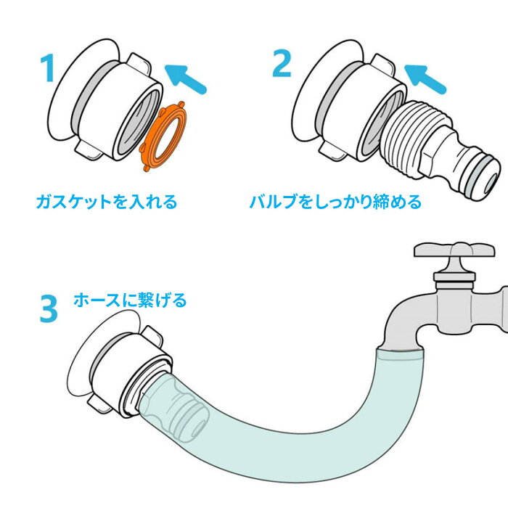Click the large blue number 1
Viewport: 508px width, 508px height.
point(48,67)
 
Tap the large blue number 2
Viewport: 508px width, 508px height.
point(282,63)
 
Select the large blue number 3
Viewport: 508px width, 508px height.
point(49,308)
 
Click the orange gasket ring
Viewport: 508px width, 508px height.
point(163,136)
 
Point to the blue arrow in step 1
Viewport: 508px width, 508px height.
point(185,79)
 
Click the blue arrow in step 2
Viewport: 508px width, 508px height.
point(425,78)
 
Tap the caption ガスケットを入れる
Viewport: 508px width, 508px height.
point(107,202)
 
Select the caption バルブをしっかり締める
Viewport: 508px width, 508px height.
point(335,202)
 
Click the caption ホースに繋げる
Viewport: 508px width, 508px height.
point(130,300)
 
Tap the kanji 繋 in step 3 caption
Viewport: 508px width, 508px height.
point(146,300)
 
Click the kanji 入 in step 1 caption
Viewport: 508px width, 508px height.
point(136,202)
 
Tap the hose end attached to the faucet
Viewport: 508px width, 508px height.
point(401,356)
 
